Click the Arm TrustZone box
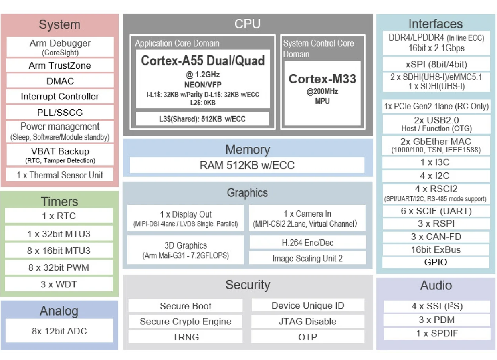60,65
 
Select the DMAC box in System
60,81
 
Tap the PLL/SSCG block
60,112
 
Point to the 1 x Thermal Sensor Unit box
60,175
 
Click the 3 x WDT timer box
59,284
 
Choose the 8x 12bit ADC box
59,331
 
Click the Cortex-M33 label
322,79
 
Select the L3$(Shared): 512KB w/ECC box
202,119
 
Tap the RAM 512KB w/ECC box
247,165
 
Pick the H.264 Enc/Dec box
307,243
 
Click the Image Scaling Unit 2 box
307,258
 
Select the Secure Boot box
186,306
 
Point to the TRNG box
186,337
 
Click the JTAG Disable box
308,321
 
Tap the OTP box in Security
308,337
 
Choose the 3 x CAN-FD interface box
436,237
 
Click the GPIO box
436,262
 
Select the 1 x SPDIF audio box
437,333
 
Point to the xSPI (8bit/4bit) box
436,65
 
